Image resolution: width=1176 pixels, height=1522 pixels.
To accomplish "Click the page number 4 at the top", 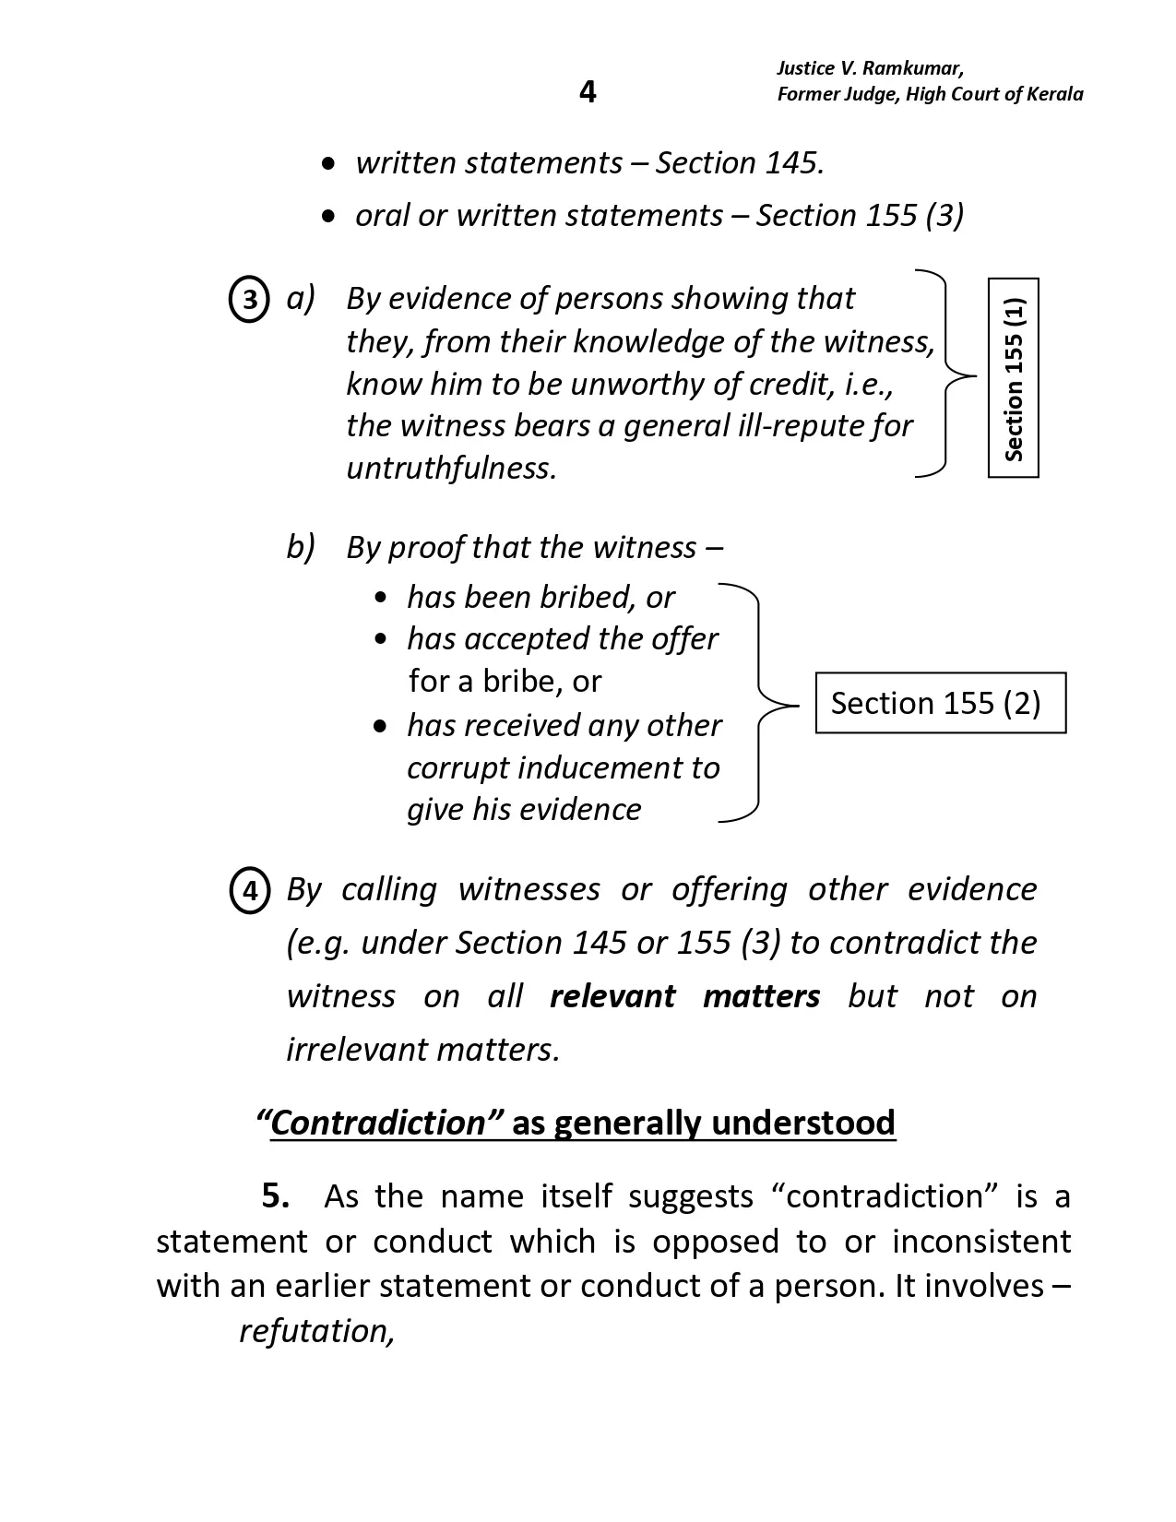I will coord(588,91).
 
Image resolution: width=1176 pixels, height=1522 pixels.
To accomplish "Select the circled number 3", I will coord(248,300).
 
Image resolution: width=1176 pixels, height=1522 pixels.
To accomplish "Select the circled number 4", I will coord(249,891).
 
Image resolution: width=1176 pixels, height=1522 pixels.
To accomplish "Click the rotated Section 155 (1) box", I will coord(1013,377).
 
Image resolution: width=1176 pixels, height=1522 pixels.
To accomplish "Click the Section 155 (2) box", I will coord(940,703).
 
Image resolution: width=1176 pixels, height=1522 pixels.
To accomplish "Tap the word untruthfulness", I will coord(451,469).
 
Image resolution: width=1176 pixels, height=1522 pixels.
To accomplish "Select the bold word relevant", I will coord(612,996).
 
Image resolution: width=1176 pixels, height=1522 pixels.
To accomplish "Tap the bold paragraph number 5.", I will coord(276,1195).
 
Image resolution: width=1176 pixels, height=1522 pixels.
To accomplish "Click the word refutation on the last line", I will coord(316,1331).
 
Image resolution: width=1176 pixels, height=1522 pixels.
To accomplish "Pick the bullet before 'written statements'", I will coord(328,164).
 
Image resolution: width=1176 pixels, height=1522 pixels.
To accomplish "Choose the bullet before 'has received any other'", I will coord(381,727).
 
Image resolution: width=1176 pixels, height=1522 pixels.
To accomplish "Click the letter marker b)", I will coord(301,547).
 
